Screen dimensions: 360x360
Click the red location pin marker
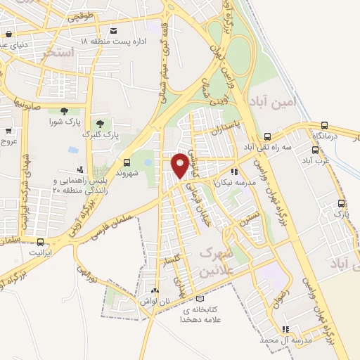181,165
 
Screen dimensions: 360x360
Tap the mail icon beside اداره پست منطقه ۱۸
114,30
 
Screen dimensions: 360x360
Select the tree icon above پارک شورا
64,110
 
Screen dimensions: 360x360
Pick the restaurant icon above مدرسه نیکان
235,171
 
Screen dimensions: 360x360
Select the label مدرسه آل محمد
285,340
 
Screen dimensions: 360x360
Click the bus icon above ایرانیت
36,239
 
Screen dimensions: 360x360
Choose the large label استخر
58,53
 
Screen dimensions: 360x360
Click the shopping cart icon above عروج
8,131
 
